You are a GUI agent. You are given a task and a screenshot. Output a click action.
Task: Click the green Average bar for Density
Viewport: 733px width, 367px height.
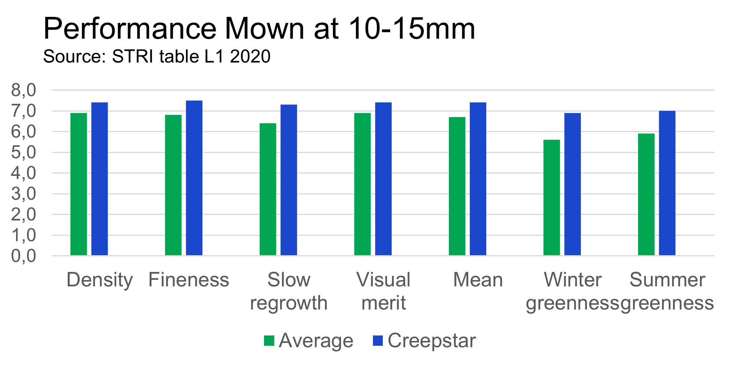click(79, 184)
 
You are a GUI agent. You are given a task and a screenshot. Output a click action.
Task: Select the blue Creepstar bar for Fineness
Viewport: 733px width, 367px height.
click(194, 178)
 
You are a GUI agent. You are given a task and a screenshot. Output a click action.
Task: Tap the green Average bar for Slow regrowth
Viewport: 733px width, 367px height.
click(268, 189)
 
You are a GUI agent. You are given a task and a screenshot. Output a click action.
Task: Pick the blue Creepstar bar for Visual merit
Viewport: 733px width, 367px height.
click(384, 179)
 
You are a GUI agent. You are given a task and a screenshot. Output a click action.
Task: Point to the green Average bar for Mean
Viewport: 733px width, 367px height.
click(457, 186)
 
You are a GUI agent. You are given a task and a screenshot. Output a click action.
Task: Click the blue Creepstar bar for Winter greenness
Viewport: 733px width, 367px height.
click(573, 184)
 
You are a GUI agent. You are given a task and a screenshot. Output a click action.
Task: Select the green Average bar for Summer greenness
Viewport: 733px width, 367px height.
click(646, 194)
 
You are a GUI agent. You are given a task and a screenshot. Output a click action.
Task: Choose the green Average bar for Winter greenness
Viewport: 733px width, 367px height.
click(552, 198)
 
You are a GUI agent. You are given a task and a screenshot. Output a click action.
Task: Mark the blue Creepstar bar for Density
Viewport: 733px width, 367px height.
click(100, 179)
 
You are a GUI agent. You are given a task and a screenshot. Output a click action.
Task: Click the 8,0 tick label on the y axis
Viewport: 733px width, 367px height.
click(24, 90)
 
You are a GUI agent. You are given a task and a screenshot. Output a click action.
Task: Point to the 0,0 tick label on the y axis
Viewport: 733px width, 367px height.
click(24, 256)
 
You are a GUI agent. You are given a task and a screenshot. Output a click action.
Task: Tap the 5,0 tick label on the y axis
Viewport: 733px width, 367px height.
click(24, 153)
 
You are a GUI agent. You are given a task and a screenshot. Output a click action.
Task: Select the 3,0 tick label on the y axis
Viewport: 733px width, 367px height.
click(24, 194)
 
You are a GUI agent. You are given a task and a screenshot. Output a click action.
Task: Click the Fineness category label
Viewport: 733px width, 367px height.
click(189, 280)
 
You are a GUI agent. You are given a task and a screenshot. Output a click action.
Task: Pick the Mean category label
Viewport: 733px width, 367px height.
click(478, 280)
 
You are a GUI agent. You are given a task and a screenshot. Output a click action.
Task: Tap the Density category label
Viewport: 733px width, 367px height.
click(99, 280)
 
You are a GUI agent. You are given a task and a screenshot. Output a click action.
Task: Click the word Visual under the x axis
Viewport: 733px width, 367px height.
click(383, 280)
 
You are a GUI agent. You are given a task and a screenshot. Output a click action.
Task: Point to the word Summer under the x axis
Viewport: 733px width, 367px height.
click(667, 280)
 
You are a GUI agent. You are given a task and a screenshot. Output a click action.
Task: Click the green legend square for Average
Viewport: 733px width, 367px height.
click(269, 341)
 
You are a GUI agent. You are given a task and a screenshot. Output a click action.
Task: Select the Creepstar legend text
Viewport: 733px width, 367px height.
click(432, 341)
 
